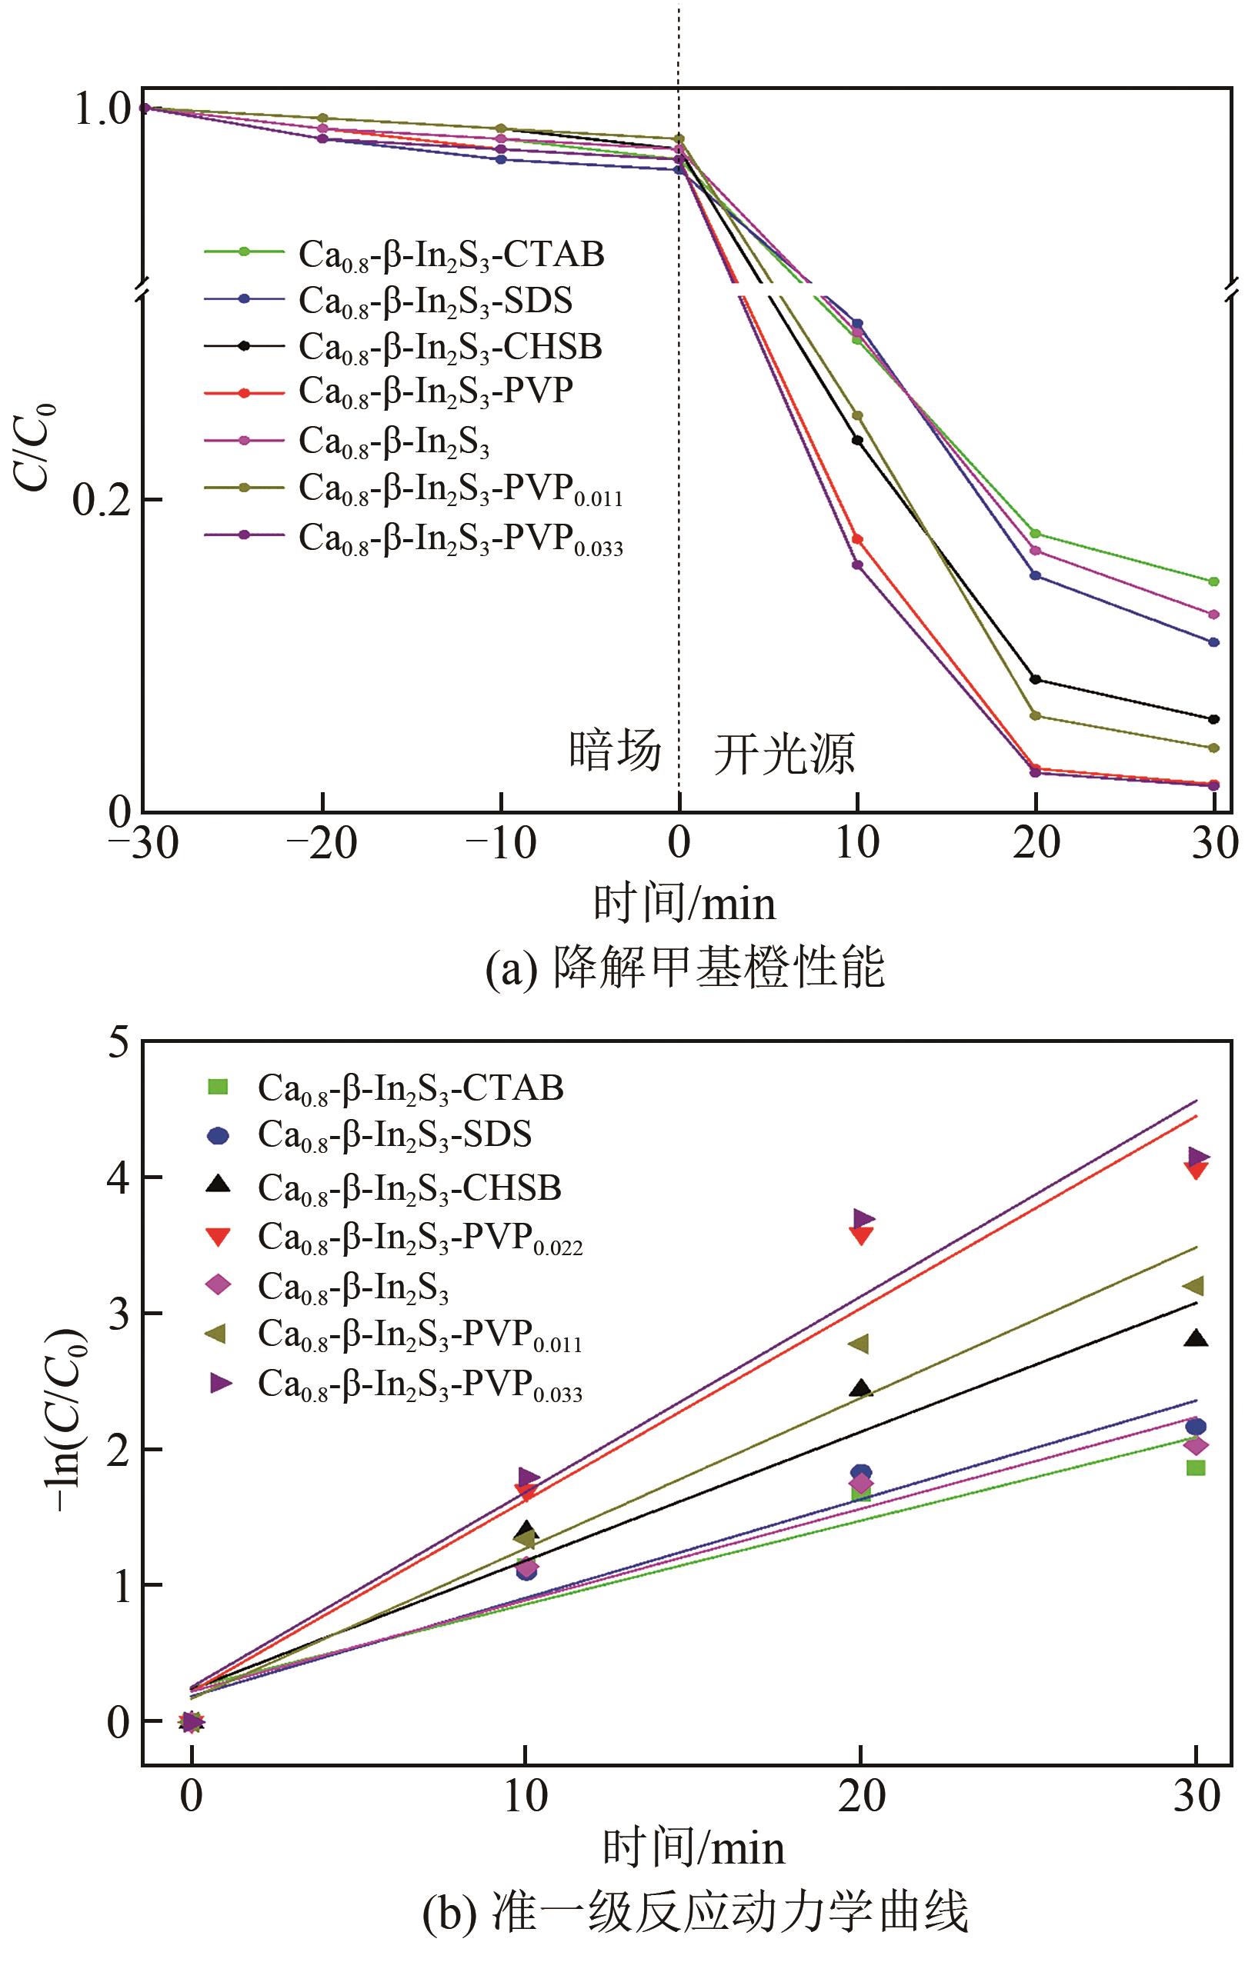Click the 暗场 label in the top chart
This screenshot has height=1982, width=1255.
pyautogui.click(x=615, y=751)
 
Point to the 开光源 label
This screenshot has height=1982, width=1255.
pyautogui.click(x=784, y=753)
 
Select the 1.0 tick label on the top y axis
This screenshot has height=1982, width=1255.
pyautogui.click(x=103, y=109)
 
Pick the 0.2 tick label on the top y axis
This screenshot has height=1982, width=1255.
pyautogui.click(x=103, y=501)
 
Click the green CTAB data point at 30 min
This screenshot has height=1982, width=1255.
pyautogui.click(x=1213, y=582)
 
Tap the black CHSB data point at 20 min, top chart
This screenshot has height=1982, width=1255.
pyautogui.click(x=1035, y=679)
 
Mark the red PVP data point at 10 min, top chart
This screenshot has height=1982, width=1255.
pyautogui.click(x=857, y=539)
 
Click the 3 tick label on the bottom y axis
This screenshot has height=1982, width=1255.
pyautogui.click(x=118, y=1314)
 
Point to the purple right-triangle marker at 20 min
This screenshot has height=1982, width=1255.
pyautogui.click(x=864, y=1218)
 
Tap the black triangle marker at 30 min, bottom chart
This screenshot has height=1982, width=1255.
pyautogui.click(x=1196, y=1339)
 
